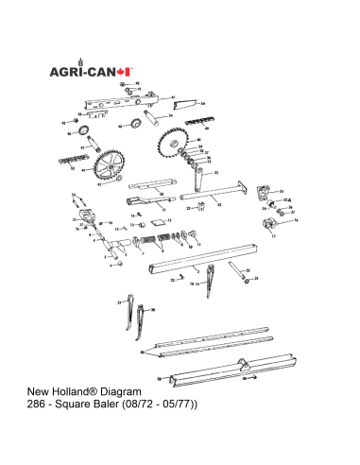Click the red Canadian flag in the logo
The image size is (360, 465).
pyautogui.click(x=128, y=70)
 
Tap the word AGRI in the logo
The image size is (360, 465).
pyautogui.click(x=68, y=71)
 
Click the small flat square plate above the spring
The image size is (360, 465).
pyautogui.click(x=146, y=224)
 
